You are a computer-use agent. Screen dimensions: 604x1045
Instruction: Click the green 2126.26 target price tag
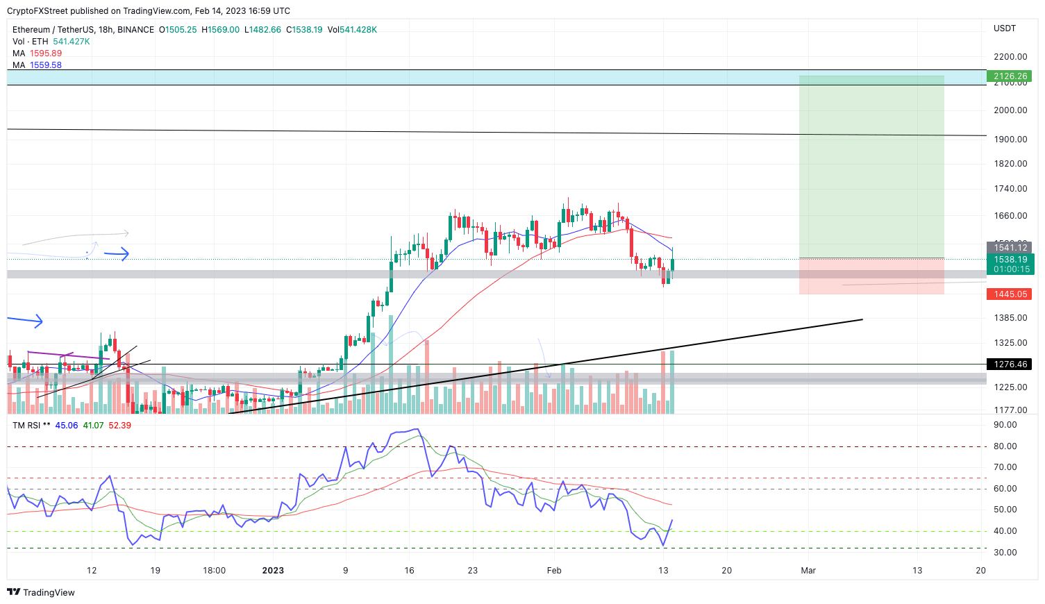coord(1010,76)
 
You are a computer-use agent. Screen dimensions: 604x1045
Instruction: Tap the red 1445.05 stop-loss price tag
coord(1010,294)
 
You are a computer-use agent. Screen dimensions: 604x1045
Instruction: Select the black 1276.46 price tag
coord(1010,364)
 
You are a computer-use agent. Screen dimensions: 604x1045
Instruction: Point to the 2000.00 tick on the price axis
coord(1010,110)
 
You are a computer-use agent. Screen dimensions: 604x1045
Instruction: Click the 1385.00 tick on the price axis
coord(1010,318)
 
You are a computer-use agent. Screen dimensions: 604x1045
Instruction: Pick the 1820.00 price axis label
coord(1010,164)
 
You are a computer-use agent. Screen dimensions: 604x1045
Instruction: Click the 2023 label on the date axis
coord(273,571)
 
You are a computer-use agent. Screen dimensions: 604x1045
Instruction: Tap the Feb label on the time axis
coord(554,571)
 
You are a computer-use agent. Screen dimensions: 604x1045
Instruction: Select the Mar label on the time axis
coord(808,571)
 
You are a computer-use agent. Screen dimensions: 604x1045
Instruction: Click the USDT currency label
coord(1005,28)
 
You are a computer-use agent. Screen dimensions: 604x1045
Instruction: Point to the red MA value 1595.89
coord(46,53)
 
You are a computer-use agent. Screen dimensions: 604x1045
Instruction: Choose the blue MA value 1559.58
coord(46,65)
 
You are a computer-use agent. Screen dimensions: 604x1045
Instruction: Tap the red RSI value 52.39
coord(120,426)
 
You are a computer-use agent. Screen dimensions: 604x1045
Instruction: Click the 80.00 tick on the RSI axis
coord(1005,446)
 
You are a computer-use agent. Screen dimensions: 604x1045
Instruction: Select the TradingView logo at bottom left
coord(41,592)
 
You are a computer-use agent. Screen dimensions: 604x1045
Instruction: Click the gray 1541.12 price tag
coord(1010,248)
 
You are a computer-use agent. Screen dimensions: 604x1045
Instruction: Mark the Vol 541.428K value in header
coord(352,30)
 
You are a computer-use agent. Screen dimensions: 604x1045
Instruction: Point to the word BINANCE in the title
coord(135,30)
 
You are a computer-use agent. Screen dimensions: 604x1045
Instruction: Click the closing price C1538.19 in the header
coord(304,30)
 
